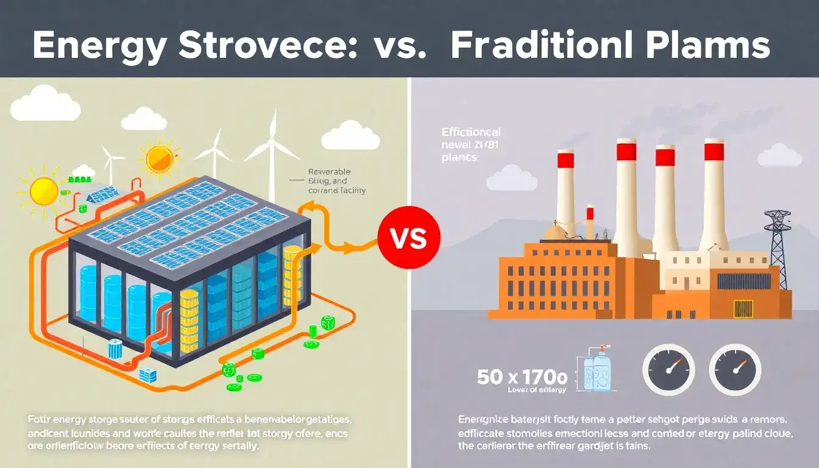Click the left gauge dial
668,370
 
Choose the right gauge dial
736,370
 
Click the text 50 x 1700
522,376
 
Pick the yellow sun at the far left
44,191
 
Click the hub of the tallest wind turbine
272,142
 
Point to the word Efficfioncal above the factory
471,132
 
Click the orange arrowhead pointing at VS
353,247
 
